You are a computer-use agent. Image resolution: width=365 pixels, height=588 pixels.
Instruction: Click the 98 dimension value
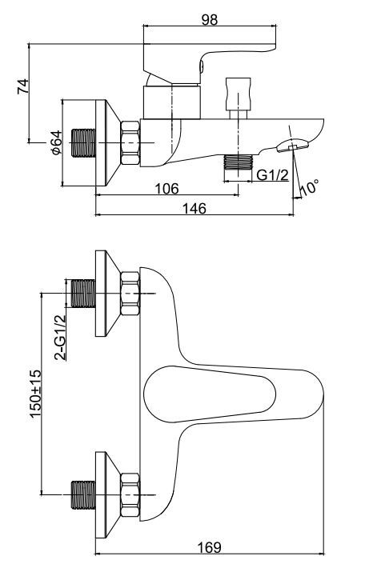point(210,19)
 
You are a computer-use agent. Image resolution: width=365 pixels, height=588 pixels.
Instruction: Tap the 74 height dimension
point(23,86)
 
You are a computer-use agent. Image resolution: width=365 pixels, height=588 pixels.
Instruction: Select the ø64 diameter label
point(56,142)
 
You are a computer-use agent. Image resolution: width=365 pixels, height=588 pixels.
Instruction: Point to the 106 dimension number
point(167,188)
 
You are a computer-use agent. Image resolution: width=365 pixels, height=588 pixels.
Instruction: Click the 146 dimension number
point(194,208)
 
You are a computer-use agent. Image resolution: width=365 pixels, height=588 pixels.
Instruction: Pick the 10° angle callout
point(310,186)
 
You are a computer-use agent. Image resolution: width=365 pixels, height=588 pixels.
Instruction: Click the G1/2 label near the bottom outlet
point(273,174)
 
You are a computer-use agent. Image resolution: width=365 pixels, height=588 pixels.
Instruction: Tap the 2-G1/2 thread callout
point(60,337)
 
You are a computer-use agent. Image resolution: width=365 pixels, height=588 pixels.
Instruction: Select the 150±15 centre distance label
point(35,394)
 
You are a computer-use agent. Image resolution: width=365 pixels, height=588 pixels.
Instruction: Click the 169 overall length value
point(210,547)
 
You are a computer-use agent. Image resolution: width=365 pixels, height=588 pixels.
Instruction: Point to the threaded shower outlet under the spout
point(239,162)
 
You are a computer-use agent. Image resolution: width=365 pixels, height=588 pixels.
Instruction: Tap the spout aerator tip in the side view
point(293,146)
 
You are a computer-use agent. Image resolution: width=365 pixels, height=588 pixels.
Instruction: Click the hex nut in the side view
point(130,143)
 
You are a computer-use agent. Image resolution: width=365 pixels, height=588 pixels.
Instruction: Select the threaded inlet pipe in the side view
point(83,143)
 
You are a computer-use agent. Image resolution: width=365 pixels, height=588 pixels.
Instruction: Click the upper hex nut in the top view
point(130,294)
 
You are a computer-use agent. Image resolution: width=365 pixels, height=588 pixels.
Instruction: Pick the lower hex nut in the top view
point(130,495)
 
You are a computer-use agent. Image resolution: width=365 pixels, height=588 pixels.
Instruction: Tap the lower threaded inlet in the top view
point(83,495)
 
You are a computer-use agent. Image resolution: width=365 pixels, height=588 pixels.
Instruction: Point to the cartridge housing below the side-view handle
point(172,102)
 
